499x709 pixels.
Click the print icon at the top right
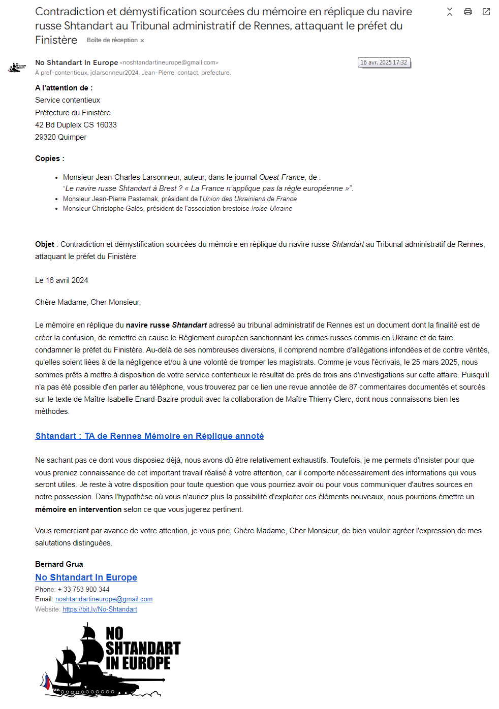tap(468, 12)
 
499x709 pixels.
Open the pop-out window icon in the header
tap(486, 12)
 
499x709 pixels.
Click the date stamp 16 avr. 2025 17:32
tap(384, 62)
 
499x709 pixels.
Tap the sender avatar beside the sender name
tap(17, 67)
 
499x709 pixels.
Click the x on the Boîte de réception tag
tap(142, 41)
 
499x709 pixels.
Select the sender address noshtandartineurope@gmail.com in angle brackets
tap(169, 62)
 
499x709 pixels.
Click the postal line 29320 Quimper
tap(60, 137)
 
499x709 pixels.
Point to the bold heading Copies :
tap(49, 158)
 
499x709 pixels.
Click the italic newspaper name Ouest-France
tap(282, 177)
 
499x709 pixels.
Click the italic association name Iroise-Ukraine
tap(271, 209)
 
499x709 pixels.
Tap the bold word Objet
tap(45, 244)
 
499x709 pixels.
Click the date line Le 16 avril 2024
tap(61, 280)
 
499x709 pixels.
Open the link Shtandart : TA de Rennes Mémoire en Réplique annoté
tap(149, 436)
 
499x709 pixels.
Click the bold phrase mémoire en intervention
tap(78, 509)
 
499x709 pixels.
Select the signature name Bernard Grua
tap(59, 564)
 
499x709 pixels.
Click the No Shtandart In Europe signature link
tap(86, 577)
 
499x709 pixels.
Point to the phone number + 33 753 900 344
tap(84, 590)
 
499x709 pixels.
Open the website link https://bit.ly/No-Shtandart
tap(100, 609)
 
